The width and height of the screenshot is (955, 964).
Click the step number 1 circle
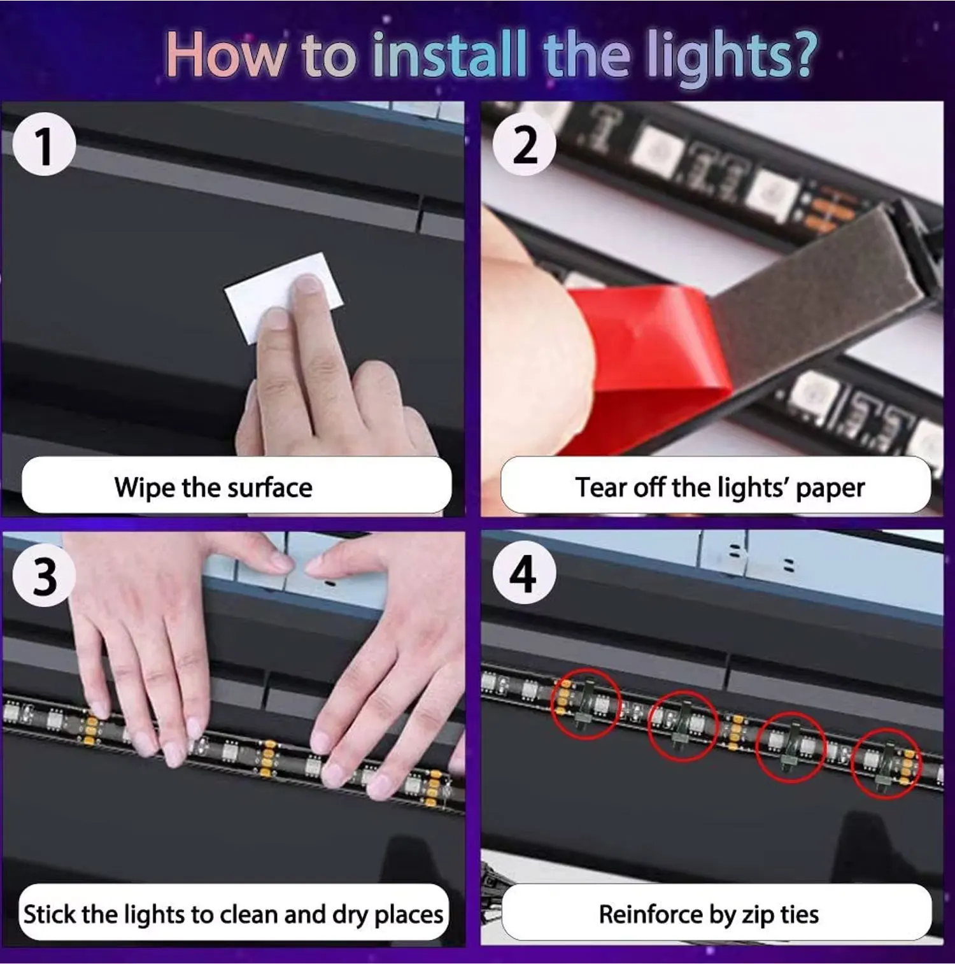pos(44,145)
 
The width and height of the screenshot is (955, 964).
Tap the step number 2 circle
pos(525,145)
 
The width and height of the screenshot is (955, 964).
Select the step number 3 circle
pos(44,576)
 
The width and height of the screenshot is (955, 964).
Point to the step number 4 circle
pos(525,573)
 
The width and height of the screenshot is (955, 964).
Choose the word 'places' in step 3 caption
pos(409,916)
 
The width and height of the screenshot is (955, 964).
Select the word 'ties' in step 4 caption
pos(800,914)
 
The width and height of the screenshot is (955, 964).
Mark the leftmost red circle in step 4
pos(551,704)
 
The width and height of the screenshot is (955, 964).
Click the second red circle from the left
pos(649,726)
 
